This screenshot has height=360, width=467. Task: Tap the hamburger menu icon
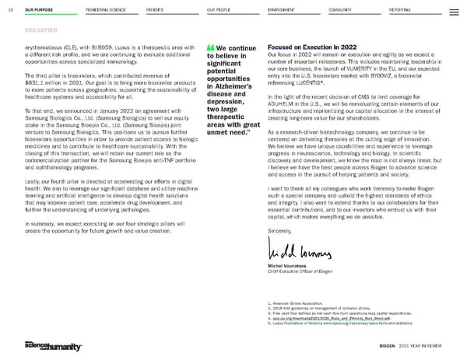(455, 12)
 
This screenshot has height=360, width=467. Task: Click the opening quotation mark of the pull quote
(211, 47)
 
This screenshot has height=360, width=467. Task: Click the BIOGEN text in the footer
(388, 344)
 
